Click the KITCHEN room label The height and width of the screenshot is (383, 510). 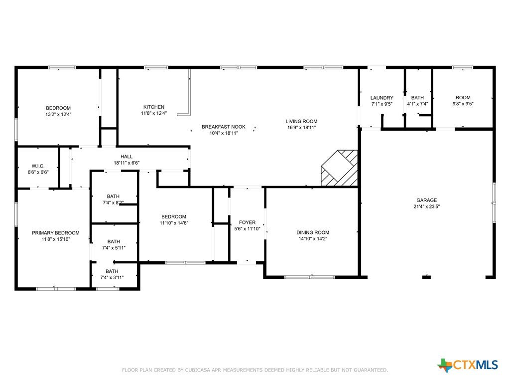[154, 107]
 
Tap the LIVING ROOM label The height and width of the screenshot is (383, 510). [301, 121]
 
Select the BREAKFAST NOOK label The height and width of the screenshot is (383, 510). [224, 127]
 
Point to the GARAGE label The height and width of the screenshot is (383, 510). [427, 200]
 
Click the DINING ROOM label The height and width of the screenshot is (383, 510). [313, 232]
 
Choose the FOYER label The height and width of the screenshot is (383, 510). [247, 222]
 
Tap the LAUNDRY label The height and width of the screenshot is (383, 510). [382, 98]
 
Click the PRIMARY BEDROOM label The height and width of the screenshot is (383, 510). [56, 232]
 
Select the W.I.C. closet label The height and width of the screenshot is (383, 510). [38, 166]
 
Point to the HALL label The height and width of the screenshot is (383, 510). [127, 156]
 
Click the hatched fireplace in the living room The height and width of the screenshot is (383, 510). [340, 168]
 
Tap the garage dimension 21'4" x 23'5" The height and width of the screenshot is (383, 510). [427, 206]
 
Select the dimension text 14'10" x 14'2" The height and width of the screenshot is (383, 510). [313, 238]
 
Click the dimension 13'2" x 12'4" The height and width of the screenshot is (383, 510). [58, 114]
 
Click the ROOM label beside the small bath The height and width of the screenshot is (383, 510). [463, 97]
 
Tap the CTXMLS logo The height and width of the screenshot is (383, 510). [468, 365]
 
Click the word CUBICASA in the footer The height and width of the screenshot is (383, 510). [198, 370]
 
